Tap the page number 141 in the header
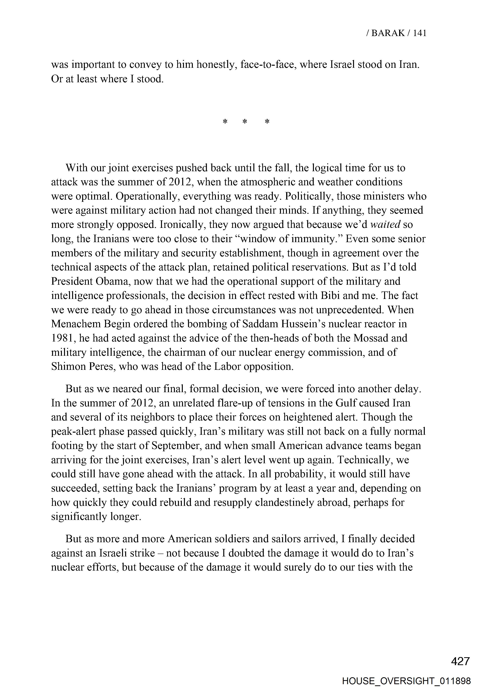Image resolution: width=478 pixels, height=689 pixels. tap(419, 33)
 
